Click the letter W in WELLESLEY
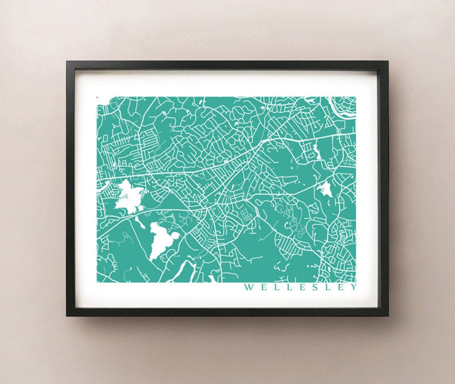click(x=249, y=287)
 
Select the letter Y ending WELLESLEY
click(x=353, y=287)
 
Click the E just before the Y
click(x=343, y=287)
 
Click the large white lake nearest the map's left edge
click(x=128, y=196)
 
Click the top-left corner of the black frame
click(x=67, y=62)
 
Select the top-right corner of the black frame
click(x=388, y=62)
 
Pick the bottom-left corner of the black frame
click(x=67, y=315)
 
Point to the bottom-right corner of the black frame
click(x=388, y=315)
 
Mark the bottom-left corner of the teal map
click(x=97, y=282)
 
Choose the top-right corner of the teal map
click(x=356, y=97)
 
